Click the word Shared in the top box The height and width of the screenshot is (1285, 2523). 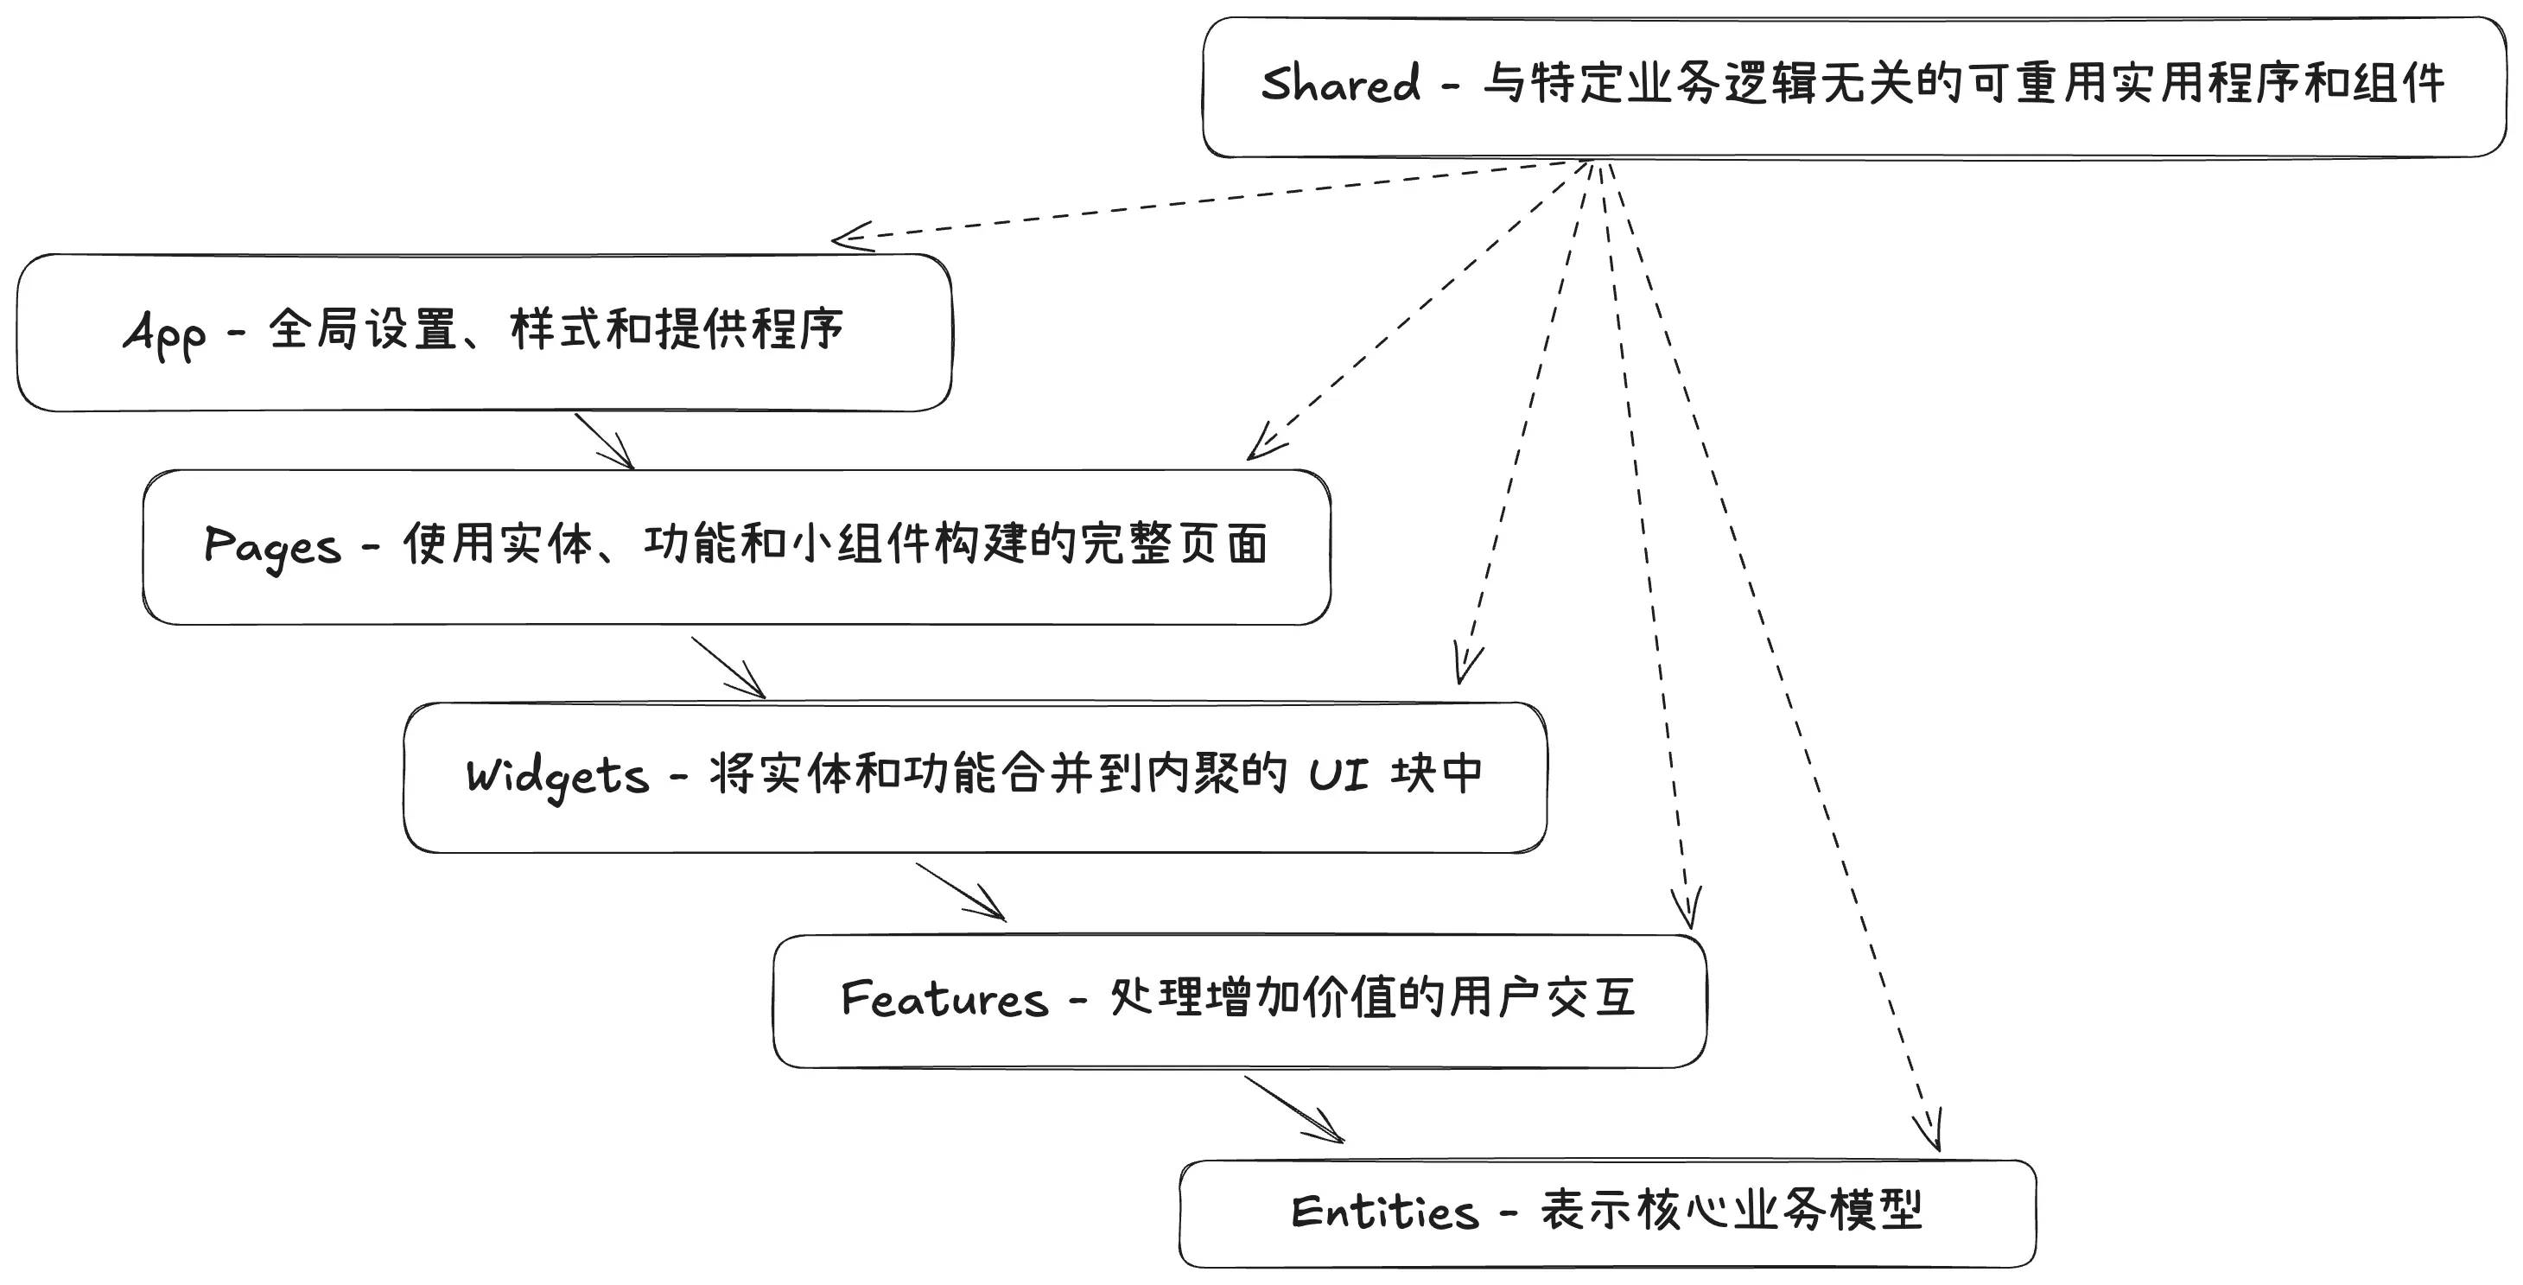(x=1339, y=84)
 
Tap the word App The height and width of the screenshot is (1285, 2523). (x=164, y=333)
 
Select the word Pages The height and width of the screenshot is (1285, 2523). (x=272, y=546)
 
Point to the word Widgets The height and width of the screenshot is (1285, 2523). (x=556, y=777)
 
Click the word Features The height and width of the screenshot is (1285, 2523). (x=944, y=999)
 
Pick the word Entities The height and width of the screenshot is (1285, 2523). (x=1384, y=1212)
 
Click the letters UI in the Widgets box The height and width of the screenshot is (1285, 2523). (x=1339, y=776)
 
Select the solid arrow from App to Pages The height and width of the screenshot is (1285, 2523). (x=604, y=442)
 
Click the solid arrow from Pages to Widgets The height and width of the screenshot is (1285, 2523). (x=728, y=668)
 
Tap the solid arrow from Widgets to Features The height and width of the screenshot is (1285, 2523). (x=961, y=891)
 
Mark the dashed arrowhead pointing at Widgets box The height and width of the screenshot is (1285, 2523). (x=1465, y=666)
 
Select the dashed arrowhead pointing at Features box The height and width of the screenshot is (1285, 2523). (x=1686, y=908)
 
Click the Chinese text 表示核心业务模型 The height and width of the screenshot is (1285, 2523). (x=1732, y=1211)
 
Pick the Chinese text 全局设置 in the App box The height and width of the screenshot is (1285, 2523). (x=362, y=329)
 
